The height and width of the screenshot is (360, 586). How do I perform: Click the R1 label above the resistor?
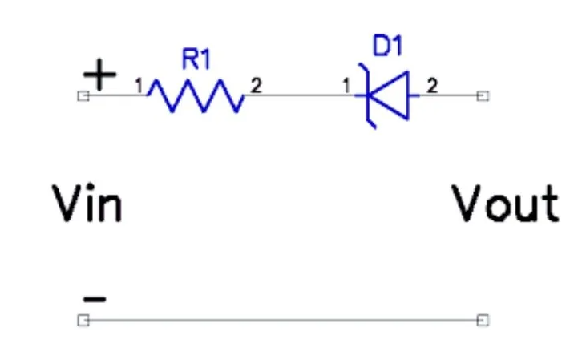pos(196,59)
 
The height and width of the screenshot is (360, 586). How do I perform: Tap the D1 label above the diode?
pos(387,46)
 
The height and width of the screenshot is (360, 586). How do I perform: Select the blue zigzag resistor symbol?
pos(195,95)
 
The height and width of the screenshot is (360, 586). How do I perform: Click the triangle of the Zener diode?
pos(389,95)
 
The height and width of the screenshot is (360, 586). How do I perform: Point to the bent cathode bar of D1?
pos(368,95)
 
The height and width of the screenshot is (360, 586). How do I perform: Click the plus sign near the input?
pos(99,75)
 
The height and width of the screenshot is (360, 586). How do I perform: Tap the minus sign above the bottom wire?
pos(95,299)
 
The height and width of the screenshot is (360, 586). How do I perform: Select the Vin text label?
pos(87,204)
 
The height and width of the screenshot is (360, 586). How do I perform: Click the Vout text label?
pos(505,204)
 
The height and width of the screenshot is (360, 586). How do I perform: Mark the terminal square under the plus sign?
pos(83,96)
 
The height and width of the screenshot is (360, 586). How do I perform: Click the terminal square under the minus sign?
pos(83,321)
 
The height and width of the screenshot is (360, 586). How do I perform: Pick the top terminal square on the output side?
pos(483,96)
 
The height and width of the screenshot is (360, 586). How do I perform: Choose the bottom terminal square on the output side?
pos(483,321)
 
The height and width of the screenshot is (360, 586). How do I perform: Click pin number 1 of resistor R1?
pos(139,86)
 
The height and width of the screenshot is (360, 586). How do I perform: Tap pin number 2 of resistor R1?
pos(256,86)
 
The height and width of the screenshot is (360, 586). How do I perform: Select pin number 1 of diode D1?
pos(346,86)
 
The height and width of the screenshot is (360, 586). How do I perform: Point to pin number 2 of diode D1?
pos(432,86)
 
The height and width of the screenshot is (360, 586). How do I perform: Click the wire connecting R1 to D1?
pos(299,95)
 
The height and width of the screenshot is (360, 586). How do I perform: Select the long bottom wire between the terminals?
pos(283,321)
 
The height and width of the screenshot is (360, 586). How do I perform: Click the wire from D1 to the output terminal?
pos(448,95)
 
